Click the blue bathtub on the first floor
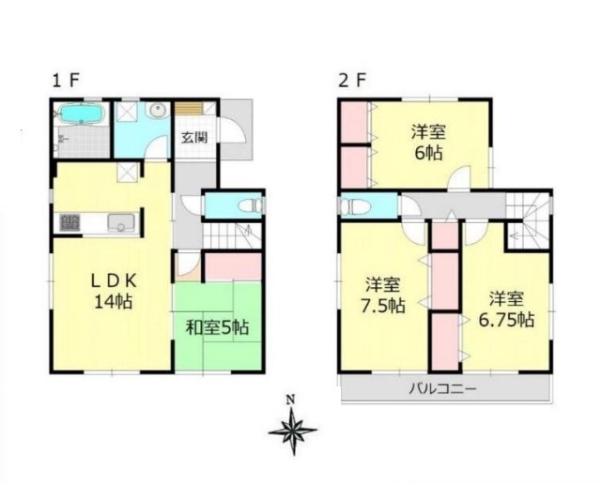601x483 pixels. (81, 113)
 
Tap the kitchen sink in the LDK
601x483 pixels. (121, 223)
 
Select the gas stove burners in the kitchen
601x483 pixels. (70, 223)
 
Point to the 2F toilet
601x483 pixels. (355, 206)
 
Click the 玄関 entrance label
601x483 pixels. (194, 137)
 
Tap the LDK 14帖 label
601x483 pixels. (113, 292)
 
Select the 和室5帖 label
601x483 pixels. (217, 328)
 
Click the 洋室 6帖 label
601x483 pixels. (428, 143)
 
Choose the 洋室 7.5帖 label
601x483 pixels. (382, 295)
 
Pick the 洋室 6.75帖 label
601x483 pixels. (506, 309)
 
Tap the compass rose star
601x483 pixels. (293, 431)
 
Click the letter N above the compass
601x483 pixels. (292, 400)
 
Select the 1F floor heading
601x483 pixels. (66, 81)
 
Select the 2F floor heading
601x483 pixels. (353, 81)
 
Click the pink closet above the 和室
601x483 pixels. (233, 266)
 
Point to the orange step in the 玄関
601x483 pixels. (189, 109)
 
